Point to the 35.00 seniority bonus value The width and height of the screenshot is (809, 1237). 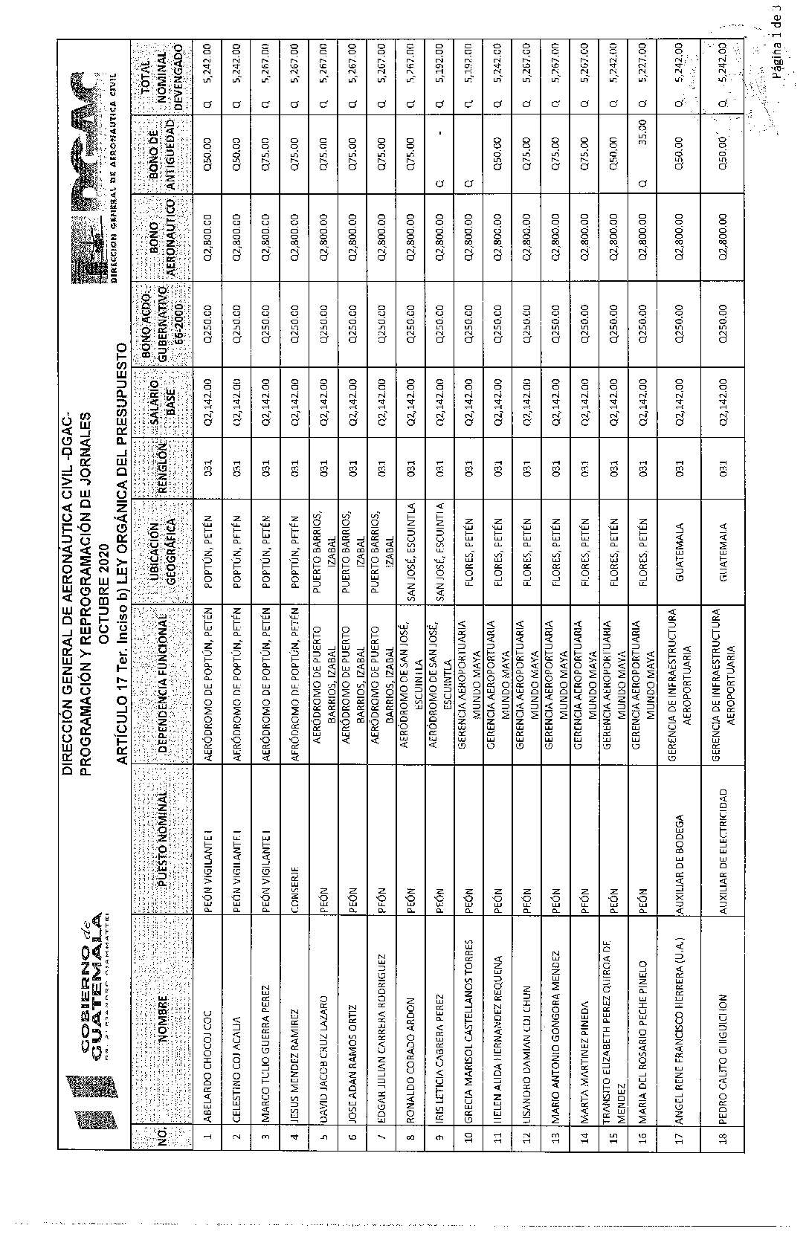[x=644, y=149]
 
